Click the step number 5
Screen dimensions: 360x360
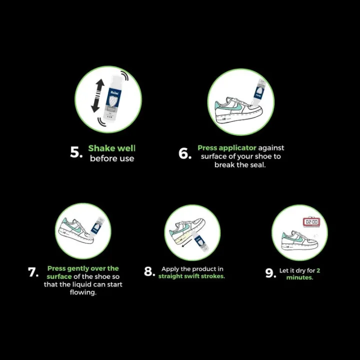(75, 153)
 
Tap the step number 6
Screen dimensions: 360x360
(185, 153)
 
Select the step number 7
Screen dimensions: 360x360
(33, 272)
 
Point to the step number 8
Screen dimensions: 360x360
(149, 271)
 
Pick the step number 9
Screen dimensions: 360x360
(270, 273)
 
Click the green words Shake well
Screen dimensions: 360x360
(111, 148)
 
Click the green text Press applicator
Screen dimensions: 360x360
(227, 147)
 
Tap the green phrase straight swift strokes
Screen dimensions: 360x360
(191, 276)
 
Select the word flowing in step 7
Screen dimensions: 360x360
(83, 292)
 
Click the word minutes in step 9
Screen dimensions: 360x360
(299, 277)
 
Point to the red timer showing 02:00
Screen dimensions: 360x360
(311, 221)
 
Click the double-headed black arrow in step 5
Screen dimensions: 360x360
(98, 95)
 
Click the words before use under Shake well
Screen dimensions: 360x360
(112, 158)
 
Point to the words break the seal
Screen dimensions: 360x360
(240, 165)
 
